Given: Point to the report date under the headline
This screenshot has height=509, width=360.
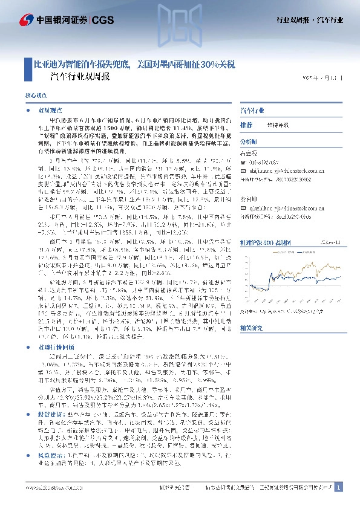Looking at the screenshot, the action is (324, 78).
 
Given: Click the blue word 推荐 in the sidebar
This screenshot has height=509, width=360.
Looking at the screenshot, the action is (246, 124).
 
